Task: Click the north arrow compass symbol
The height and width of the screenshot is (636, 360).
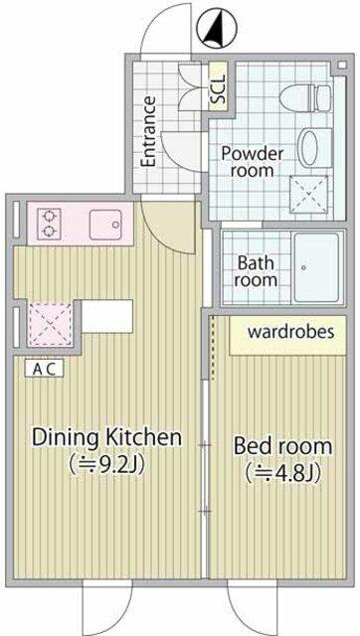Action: click(x=217, y=28)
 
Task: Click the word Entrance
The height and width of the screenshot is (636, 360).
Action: click(x=148, y=131)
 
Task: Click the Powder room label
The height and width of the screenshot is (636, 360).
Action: click(x=252, y=161)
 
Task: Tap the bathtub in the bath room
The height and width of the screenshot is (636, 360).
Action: click(x=316, y=267)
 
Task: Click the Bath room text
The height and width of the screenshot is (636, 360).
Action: click(x=256, y=271)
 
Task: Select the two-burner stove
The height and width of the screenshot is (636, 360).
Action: click(x=49, y=223)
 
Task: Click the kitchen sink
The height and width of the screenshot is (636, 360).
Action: click(x=104, y=225)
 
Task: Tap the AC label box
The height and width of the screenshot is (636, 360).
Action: click(x=44, y=369)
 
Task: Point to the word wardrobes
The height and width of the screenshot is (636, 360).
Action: click(x=291, y=331)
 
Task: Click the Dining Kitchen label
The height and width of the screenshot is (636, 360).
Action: click(x=106, y=438)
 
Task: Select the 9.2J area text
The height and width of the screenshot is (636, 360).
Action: click(x=106, y=464)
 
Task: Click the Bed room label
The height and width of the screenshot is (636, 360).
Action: click(x=282, y=446)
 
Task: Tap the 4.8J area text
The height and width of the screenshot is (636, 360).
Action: click(x=283, y=473)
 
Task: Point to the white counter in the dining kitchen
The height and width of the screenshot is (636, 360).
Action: click(x=107, y=316)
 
